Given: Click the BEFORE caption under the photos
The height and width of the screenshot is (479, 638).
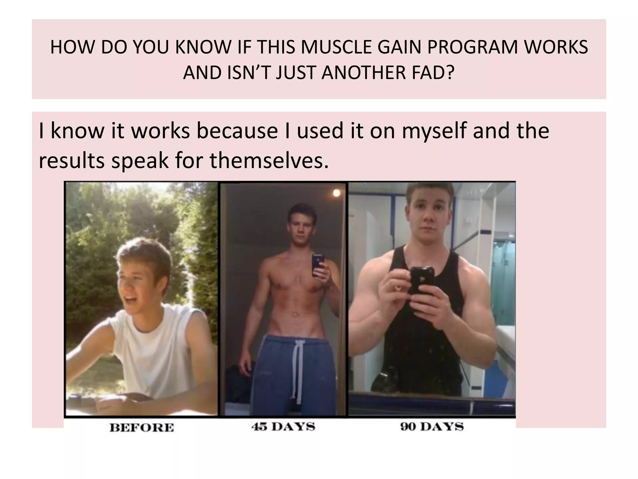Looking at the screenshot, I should (142, 428).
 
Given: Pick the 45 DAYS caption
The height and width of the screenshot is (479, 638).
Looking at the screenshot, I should (283, 427).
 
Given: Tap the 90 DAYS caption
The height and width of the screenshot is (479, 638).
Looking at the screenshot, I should (432, 427).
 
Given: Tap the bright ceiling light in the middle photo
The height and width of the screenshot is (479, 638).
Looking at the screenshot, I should (336, 193).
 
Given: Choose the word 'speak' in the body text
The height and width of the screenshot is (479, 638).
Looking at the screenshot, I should (140, 161).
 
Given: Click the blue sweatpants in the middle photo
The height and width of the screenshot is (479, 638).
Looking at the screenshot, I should (274, 374).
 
